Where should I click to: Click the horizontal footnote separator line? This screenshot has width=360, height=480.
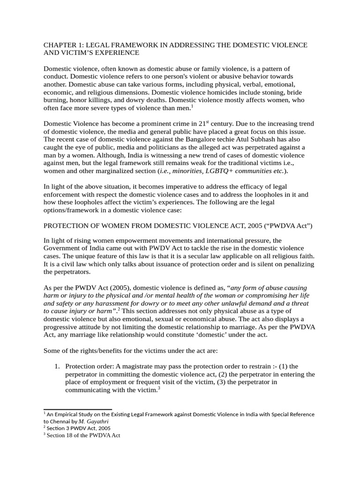pyautogui.click(x=77, y=409)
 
